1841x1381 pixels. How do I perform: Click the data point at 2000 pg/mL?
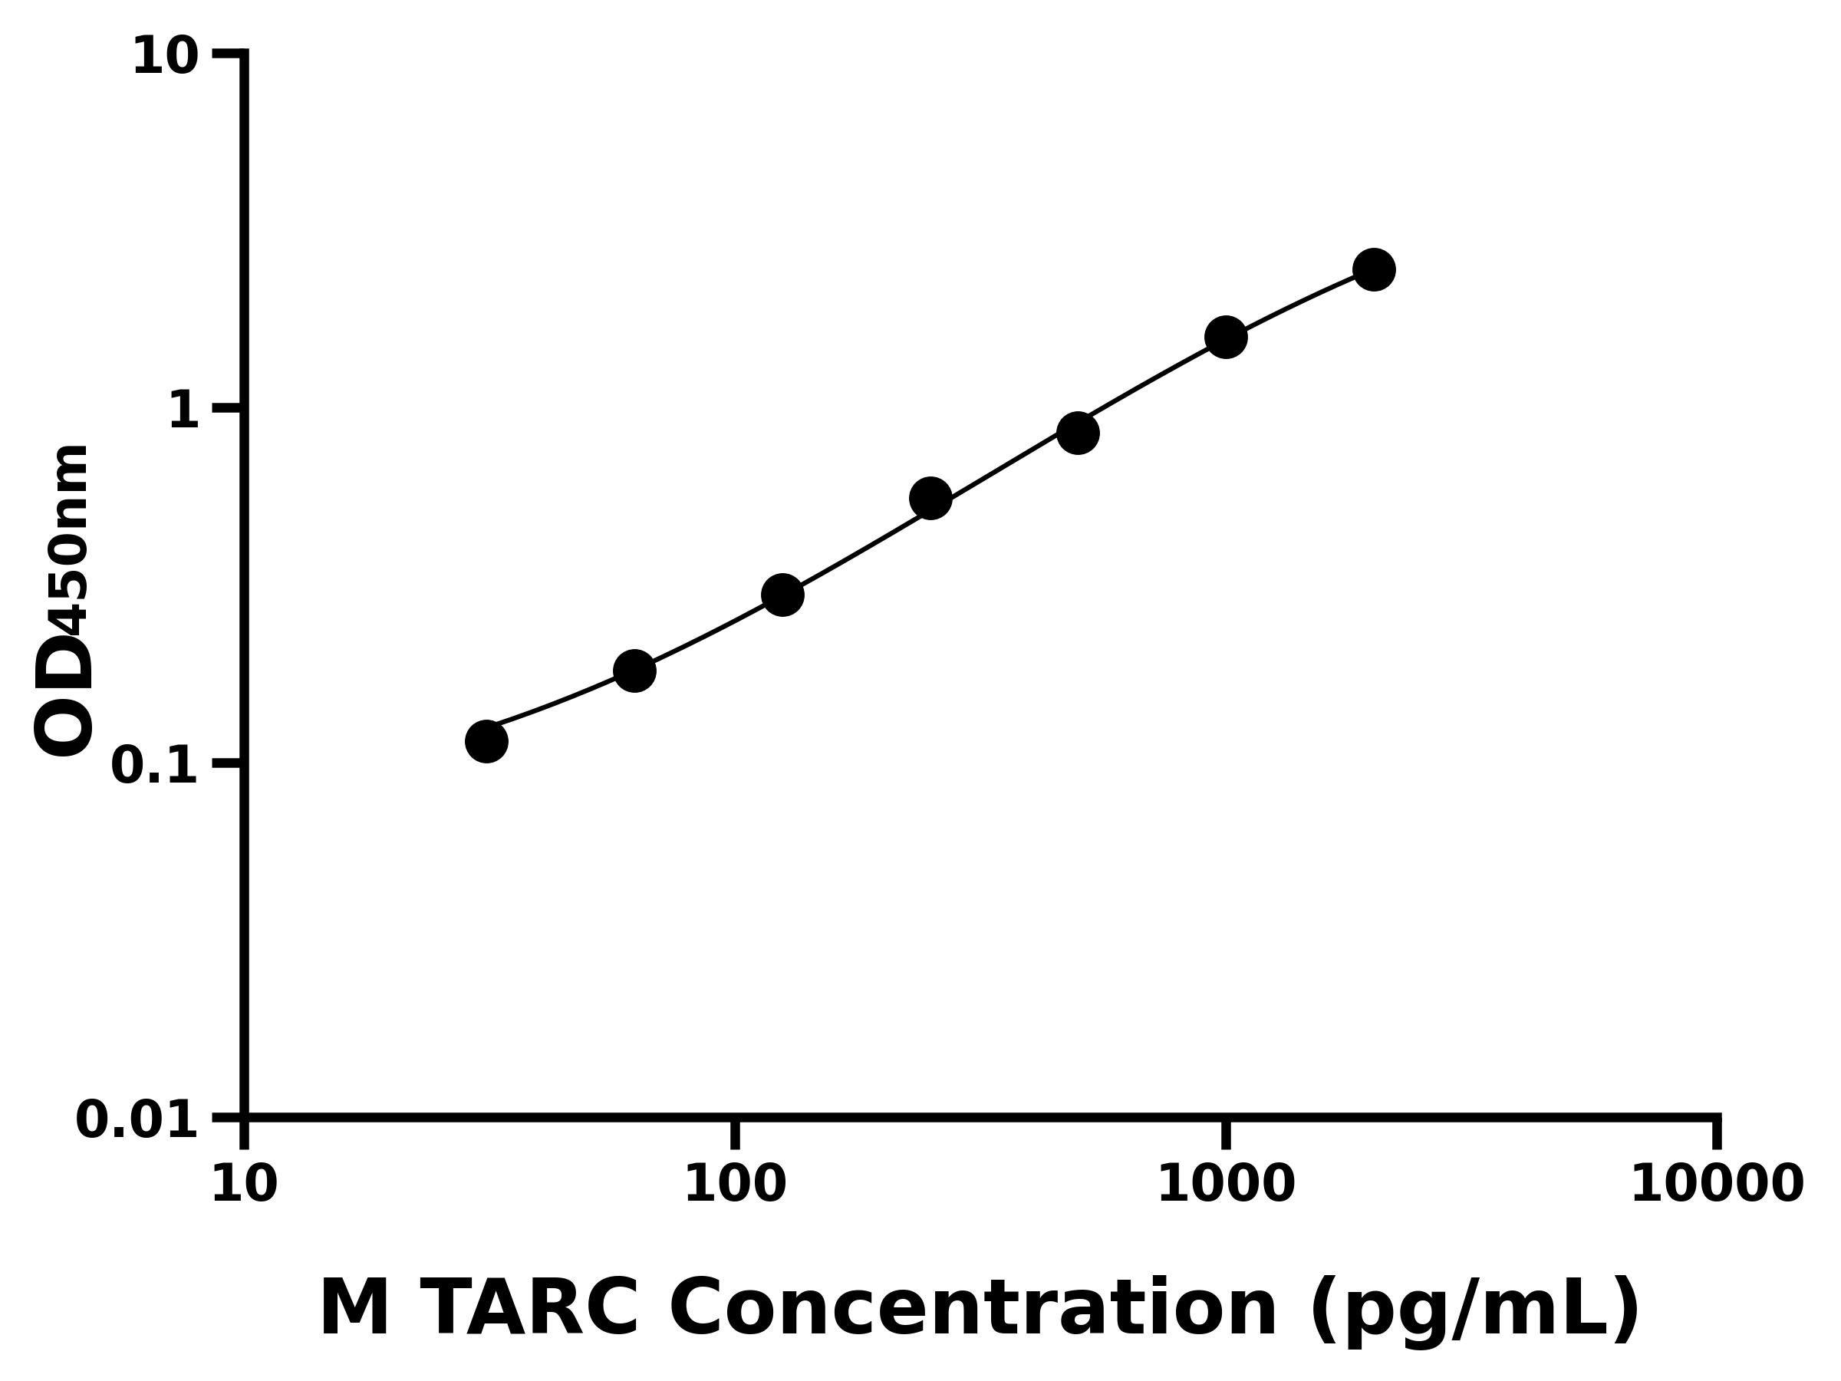tap(1374, 270)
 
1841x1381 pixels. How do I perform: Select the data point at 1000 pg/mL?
tap(1226, 337)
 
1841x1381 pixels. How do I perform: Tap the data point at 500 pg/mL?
tap(1078, 433)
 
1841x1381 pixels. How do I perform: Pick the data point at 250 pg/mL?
tap(930, 499)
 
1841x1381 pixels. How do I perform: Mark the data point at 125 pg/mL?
tap(782, 595)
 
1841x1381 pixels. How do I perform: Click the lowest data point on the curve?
tap(486, 741)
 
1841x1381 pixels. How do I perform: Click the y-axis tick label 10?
tap(166, 57)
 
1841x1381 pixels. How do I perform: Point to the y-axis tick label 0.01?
tap(137, 1119)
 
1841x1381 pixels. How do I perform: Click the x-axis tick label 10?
tap(244, 1184)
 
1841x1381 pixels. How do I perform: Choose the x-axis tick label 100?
tap(735, 1184)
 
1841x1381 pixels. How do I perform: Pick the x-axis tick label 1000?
tap(1226, 1184)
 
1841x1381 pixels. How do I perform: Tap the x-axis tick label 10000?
tap(1717, 1184)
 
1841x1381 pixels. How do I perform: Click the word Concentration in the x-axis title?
tap(973, 1309)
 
